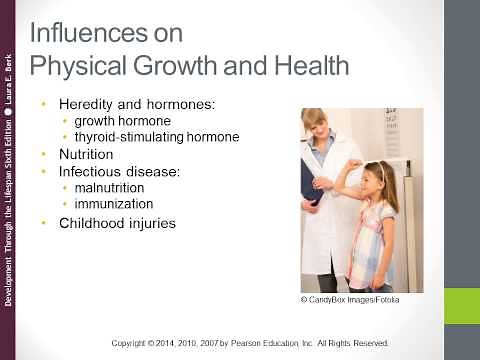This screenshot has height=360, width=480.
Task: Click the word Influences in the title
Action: [x=84, y=33]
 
